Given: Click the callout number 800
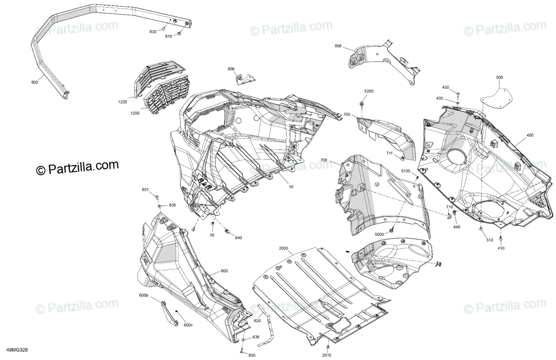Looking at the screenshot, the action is point(35,82).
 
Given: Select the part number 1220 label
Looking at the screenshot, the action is point(122,102).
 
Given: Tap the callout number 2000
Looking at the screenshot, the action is point(284,248).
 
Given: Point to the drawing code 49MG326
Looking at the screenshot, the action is point(18,350).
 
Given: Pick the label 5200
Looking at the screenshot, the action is point(369,91).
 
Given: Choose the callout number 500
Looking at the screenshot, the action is point(499,77).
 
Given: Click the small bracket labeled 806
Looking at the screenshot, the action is point(245,79).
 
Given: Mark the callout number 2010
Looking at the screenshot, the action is point(327,355).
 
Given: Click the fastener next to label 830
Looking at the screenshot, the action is point(163,29).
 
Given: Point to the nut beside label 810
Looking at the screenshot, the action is point(179,33).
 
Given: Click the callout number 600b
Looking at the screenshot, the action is point(144,295).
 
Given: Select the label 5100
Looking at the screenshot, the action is point(405,171).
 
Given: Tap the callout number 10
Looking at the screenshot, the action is point(291,187).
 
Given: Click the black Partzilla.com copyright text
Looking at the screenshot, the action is point(77,168).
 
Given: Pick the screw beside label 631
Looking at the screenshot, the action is point(157,197).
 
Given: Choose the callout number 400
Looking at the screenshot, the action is point(530,135).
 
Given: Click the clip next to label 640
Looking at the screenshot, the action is point(227,231).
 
